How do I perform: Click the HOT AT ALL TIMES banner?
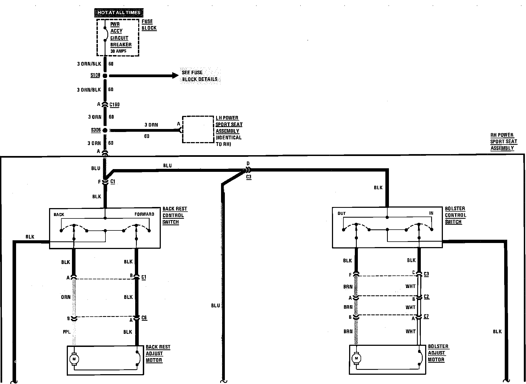[119, 13]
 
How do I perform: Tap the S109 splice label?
[95, 75]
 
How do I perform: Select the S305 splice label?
[96, 130]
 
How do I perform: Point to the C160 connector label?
[114, 105]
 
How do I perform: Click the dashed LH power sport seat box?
[198, 129]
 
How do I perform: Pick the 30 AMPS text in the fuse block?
[118, 51]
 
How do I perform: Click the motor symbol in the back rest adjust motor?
[74, 359]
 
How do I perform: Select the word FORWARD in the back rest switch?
[144, 214]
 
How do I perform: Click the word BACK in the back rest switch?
[59, 214]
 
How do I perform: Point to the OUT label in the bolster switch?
[341, 214]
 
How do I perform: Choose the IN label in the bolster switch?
[431, 213]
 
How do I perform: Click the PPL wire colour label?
[67, 332]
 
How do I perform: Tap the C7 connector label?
[426, 316]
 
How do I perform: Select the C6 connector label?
[144, 318]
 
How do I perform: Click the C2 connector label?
[427, 296]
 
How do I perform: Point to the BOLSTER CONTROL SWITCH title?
[455, 215]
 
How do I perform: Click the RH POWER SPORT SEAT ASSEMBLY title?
[503, 142]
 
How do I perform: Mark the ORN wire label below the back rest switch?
[66, 297]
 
